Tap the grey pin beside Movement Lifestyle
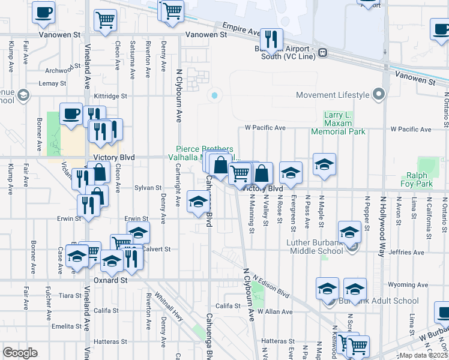click(378, 95)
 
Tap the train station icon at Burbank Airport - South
click(322, 52)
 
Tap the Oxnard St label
click(111, 280)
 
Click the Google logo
click(20, 353)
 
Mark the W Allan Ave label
click(275, 312)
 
